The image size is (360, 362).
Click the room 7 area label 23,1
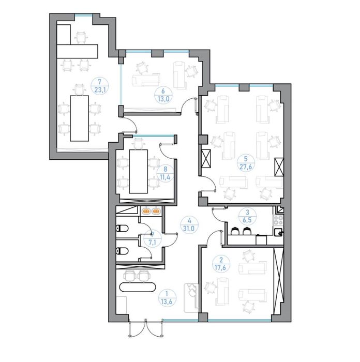point(100,89)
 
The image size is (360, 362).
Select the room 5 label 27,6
point(246,167)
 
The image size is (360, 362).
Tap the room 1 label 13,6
point(167,301)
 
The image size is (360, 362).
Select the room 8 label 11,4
point(165,177)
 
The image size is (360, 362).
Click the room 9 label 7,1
point(152,242)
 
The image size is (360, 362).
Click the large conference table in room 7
point(80,118)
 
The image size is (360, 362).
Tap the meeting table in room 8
point(138,171)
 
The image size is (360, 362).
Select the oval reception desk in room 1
point(138,288)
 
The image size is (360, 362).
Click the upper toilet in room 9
point(122,229)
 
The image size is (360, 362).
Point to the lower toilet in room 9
point(122,251)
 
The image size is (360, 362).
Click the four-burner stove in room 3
point(278,220)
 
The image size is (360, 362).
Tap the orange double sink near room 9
point(152,211)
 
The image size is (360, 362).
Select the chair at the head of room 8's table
point(139,143)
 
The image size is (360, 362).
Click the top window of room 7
point(84,15)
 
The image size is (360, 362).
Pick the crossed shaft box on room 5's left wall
point(206,159)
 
